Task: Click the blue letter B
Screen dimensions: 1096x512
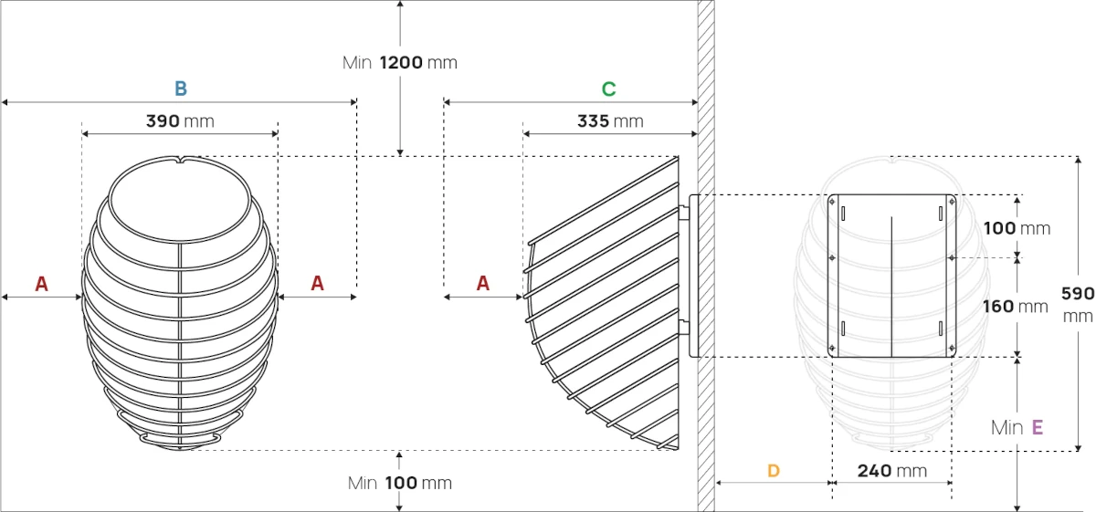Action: (181, 89)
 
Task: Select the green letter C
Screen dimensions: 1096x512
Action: (608, 89)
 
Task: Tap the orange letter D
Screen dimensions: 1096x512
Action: (774, 470)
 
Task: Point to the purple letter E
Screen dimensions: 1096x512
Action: (1038, 427)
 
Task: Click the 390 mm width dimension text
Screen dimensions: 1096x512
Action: (180, 120)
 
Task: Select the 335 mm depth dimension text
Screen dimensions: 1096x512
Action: (610, 120)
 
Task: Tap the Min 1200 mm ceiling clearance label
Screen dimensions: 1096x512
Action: (400, 63)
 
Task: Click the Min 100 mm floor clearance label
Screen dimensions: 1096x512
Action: (400, 483)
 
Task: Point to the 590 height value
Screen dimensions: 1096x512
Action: (1078, 293)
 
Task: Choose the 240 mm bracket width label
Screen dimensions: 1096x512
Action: (892, 470)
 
